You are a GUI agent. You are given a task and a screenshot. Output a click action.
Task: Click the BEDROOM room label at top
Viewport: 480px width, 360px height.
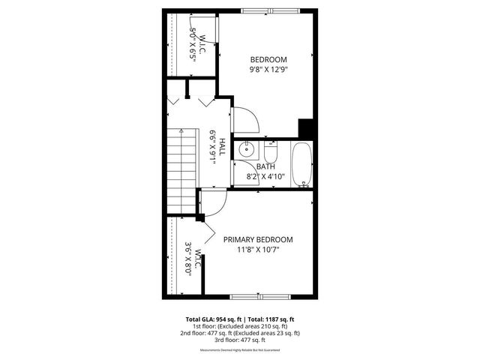tap(268, 59)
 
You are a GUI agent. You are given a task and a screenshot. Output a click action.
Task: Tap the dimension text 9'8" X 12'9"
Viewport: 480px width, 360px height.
tap(268, 69)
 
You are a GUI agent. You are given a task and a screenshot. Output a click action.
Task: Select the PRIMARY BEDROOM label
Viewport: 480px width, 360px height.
tap(258, 239)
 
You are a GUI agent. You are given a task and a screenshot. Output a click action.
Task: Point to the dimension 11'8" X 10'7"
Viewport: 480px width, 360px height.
tap(258, 250)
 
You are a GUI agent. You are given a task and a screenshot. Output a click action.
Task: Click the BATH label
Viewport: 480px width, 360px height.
tap(265, 166)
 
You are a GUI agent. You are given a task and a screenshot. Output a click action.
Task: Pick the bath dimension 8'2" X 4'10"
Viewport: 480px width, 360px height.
tap(265, 176)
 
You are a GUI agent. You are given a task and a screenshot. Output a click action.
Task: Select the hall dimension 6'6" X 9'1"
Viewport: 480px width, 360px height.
tap(213, 148)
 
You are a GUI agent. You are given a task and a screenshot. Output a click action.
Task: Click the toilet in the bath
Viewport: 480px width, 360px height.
tap(271, 147)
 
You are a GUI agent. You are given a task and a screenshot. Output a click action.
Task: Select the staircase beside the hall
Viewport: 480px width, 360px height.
tap(182, 169)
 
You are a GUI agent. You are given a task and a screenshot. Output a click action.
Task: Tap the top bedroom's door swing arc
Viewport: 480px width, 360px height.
tap(245, 119)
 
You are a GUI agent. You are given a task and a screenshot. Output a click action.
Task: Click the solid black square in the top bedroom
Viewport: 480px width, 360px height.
tap(305, 128)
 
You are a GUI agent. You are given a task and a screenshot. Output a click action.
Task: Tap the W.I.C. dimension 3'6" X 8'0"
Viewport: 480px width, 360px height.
tap(188, 259)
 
